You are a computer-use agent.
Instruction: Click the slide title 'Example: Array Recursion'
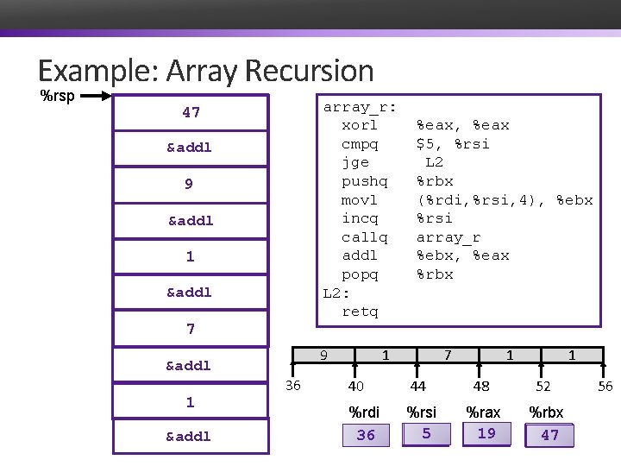(205, 71)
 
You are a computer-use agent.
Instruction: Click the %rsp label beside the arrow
(58, 95)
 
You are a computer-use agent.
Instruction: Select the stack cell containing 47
(191, 112)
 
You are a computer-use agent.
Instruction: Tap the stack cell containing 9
(189, 184)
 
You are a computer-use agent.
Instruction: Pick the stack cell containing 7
(191, 329)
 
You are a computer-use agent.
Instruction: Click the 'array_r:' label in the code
(360, 107)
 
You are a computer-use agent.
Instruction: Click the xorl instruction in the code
(360, 125)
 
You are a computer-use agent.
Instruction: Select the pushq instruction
(365, 181)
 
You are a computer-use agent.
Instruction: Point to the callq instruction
(365, 237)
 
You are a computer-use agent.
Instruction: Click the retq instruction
(360, 312)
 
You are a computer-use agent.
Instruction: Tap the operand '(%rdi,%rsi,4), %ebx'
(505, 200)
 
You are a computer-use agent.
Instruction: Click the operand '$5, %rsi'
(453, 144)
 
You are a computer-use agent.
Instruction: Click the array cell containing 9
(323, 355)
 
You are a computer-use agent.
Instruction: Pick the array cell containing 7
(447, 355)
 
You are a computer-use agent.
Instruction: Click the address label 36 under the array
(293, 386)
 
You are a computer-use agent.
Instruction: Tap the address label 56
(605, 386)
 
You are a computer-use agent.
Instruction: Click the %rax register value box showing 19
(487, 434)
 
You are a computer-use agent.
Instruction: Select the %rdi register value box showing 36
(366, 435)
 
